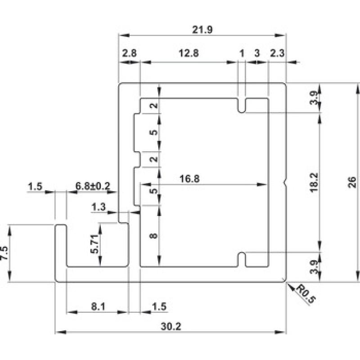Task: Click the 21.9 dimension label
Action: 202,30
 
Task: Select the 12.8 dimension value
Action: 189,53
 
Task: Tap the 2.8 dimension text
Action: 129,53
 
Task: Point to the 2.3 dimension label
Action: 277,53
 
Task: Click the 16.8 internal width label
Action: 189,179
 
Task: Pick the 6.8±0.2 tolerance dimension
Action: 93,186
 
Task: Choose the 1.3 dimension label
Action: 98,207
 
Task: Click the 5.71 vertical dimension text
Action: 94,244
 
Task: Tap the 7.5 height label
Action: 4,253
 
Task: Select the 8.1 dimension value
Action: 98,306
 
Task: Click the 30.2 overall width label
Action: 171,326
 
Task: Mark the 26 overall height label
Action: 352,182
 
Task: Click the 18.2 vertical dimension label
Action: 314,182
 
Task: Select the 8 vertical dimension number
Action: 153,235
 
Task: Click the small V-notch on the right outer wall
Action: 285,183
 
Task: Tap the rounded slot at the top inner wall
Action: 241,105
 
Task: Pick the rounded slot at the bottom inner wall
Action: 241,260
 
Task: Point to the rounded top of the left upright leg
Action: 61,225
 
